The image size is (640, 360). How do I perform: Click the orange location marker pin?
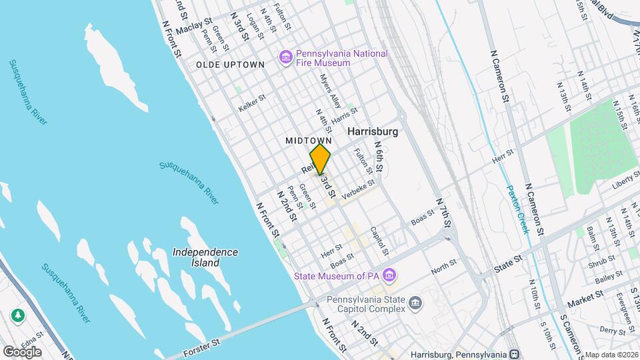(x=321, y=159)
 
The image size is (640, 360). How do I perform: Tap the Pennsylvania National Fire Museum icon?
(x=286, y=58)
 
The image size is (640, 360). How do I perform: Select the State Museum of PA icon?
(x=391, y=275)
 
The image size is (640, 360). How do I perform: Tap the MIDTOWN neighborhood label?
(x=309, y=141)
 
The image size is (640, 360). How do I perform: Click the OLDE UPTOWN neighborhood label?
(x=230, y=64)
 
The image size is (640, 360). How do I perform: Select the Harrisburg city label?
(x=373, y=131)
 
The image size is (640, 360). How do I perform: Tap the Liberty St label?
(x=625, y=178)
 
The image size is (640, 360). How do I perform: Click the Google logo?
(x=21, y=352)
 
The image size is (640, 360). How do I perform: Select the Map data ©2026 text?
(x=611, y=355)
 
